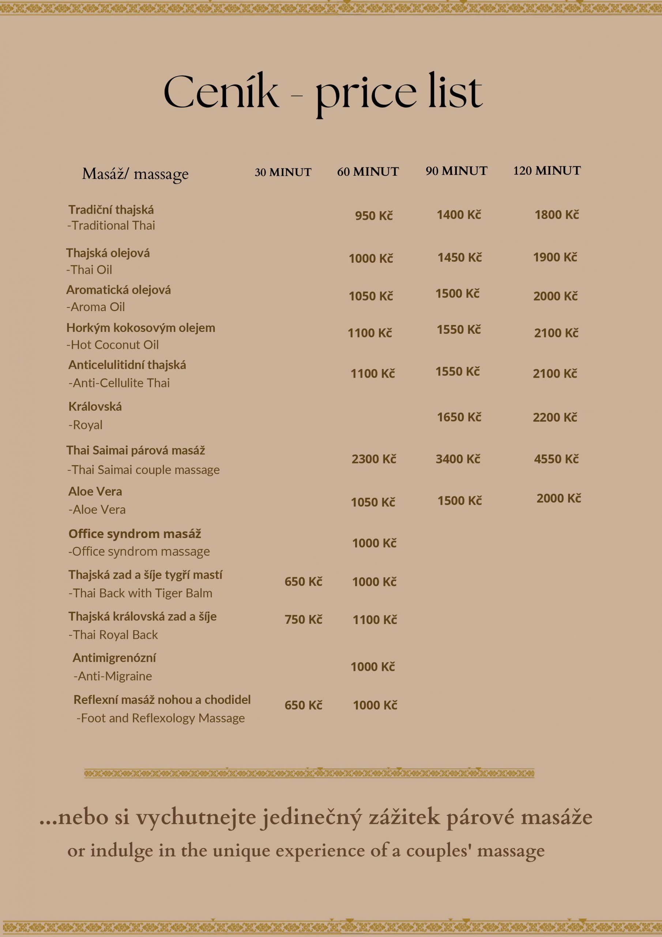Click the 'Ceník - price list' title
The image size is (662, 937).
pos(323,93)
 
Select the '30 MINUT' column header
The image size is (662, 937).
pos(283,172)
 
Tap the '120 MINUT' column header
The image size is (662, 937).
pos(546,171)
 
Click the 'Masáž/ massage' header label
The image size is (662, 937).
pos(135,174)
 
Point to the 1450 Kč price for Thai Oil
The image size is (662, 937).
pos(459,258)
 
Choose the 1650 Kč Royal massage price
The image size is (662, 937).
pos(459,417)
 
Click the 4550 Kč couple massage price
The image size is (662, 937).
pos(556,459)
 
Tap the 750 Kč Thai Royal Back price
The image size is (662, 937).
pos(303,620)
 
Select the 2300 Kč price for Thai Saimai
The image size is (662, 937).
pos(374,459)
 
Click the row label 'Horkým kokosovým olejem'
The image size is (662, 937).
pos(140,328)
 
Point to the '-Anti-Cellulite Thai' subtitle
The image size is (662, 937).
pos(119,383)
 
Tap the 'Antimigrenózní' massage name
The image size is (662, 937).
pos(114,658)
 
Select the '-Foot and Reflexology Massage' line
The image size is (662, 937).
pos(161,718)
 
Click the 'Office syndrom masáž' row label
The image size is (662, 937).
pos(135,534)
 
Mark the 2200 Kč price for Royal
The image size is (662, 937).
pos(555,417)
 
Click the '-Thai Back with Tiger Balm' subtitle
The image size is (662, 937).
pos(140,593)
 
